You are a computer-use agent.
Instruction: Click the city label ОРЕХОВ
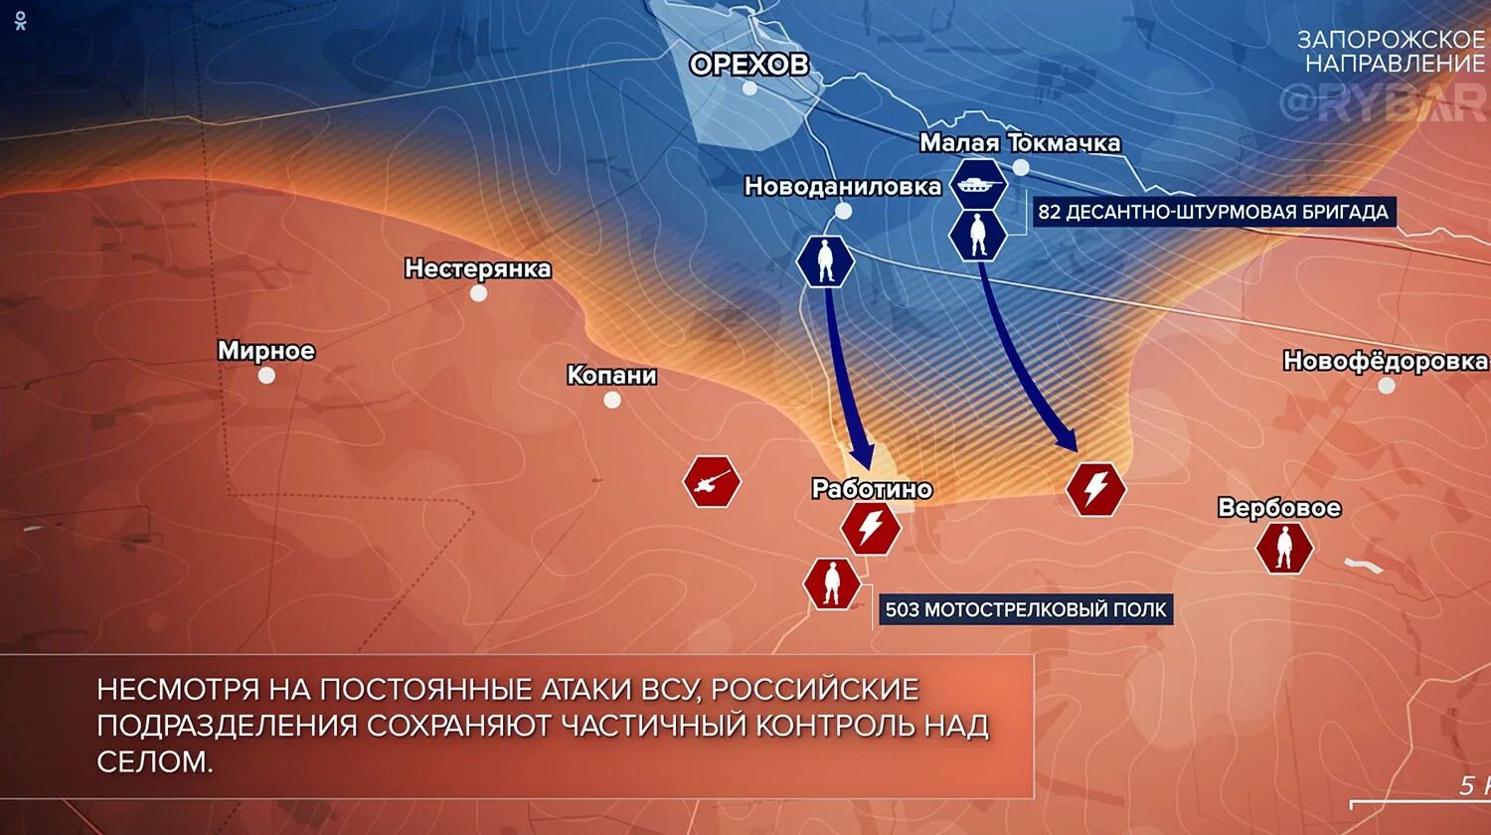[x=749, y=65]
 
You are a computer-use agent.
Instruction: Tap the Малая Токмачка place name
[x=1020, y=143]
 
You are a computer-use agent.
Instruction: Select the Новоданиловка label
[x=842, y=186]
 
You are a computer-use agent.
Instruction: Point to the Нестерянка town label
[x=477, y=268]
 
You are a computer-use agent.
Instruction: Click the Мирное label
[x=265, y=351]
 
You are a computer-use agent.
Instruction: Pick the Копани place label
[x=611, y=376]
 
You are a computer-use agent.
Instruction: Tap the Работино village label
[x=872, y=489]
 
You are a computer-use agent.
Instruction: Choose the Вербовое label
[x=1279, y=508]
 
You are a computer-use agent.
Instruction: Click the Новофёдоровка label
[x=1385, y=361]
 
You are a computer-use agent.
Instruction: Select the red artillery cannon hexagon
[x=712, y=482]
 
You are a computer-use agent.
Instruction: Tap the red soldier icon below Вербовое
[x=1283, y=548]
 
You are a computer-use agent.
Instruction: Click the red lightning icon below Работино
[x=871, y=528]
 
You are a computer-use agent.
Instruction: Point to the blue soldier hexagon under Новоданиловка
[x=826, y=262]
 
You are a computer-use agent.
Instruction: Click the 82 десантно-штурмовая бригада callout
[x=1213, y=212]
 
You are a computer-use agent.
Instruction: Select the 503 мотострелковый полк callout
[x=1026, y=609]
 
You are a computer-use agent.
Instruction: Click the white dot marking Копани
[x=612, y=400]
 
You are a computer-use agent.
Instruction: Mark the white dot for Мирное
[x=266, y=376]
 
